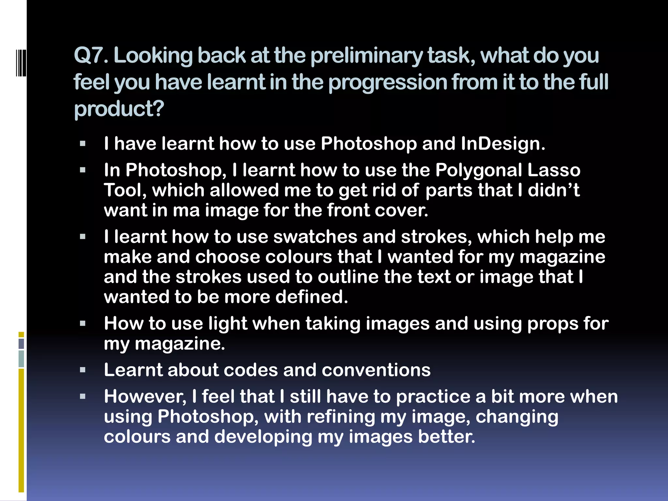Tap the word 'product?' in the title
119,109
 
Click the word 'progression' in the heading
387,82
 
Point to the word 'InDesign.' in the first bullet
503,144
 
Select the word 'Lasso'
554,170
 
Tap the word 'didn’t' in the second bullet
554,190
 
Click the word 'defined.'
311,297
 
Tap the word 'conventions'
376,370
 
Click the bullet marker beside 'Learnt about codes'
83,370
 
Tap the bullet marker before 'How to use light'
83,324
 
